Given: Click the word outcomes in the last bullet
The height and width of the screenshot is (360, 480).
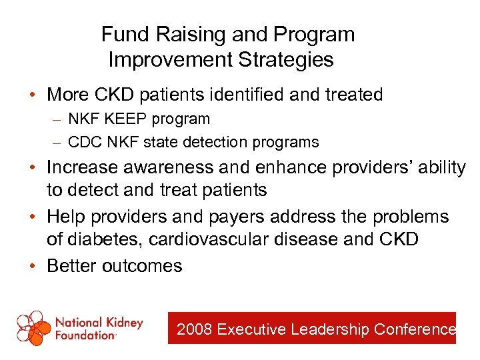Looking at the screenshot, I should pos(142,266).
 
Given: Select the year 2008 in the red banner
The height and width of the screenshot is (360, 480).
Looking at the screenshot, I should pos(195,329).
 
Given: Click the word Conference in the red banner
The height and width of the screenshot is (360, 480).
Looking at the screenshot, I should pos(415,329).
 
